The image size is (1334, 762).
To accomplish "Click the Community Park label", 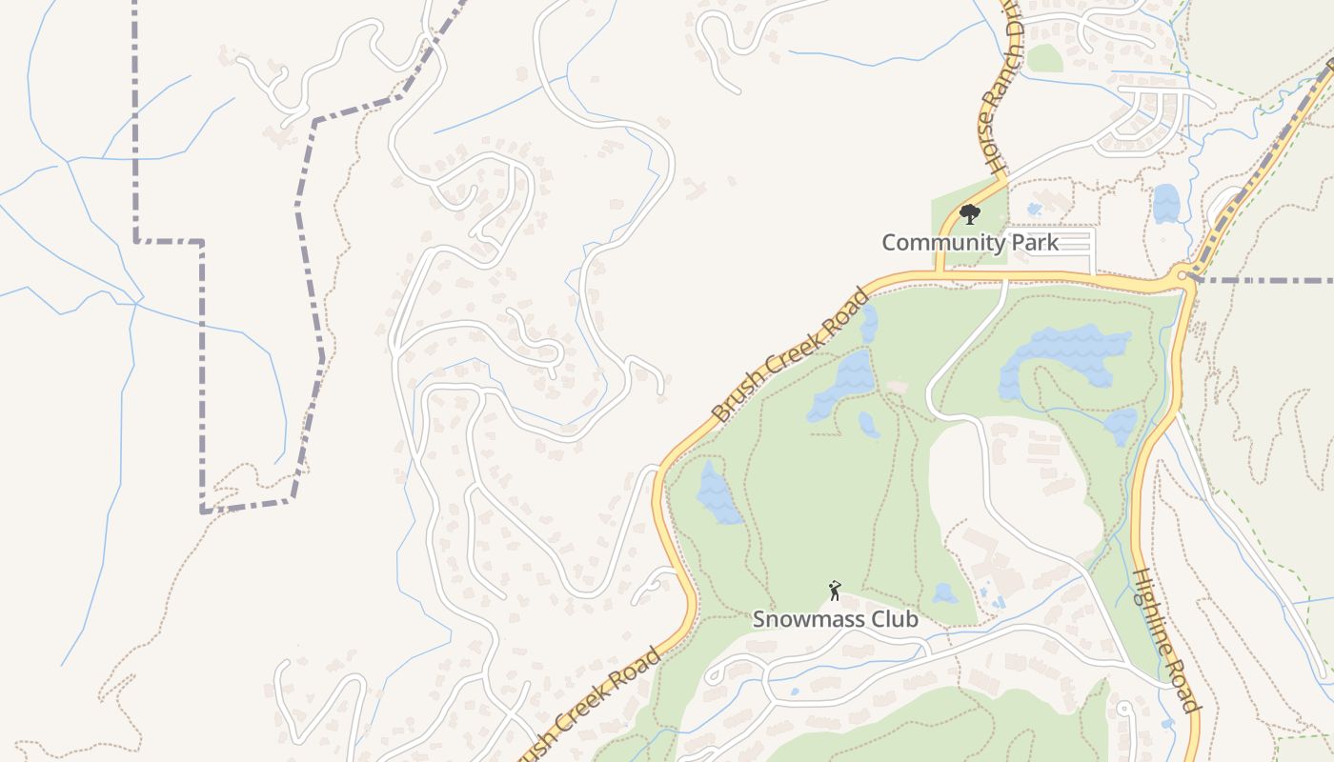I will pyautogui.click(x=969, y=243).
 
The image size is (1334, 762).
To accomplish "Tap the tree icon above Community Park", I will pyautogui.click(x=969, y=213).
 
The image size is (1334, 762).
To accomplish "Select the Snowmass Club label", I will pyautogui.click(x=836, y=619).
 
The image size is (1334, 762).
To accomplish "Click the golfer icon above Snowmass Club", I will pyautogui.click(x=835, y=591).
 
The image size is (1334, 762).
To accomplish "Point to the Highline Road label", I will pyautogui.click(x=1164, y=640).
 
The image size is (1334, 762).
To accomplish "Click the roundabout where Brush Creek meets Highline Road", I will pyautogui.click(x=1182, y=276).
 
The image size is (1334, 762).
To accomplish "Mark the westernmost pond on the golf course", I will pyautogui.click(x=718, y=492).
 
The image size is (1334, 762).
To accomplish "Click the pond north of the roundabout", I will pyautogui.click(x=1165, y=203).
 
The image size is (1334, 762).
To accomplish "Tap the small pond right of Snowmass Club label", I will pyautogui.click(x=944, y=594).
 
